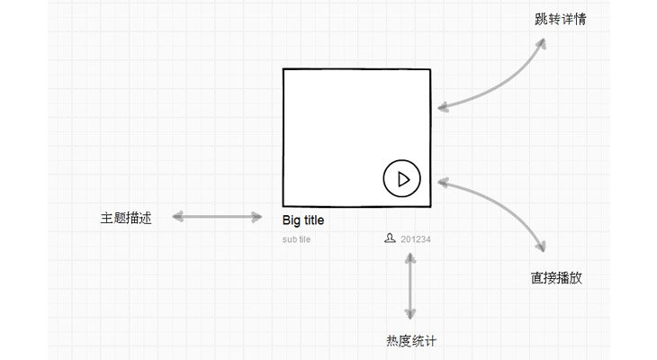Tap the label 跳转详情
pyautogui.click(x=560, y=19)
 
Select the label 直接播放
pyautogui.click(x=556, y=278)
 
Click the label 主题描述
pyautogui.click(x=126, y=218)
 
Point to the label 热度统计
pyautogui.click(x=411, y=341)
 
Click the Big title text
pyautogui.click(x=303, y=220)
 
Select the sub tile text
pyautogui.click(x=296, y=239)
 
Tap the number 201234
pyautogui.click(x=416, y=239)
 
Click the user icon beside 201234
pyautogui.click(x=390, y=238)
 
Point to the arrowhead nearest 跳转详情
pyautogui.click(x=542, y=43)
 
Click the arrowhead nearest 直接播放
pyautogui.click(x=542, y=247)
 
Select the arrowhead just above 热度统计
pyautogui.click(x=410, y=313)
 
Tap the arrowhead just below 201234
pyautogui.click(x=410, y=258)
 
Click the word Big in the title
pyautogui.click(x=292, y=220)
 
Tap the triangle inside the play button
pyautogui.click(x=403, y=179)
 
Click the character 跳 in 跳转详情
pyautogui.click(x=542, y=19)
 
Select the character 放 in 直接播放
pyautogui.click(x=576, y=278)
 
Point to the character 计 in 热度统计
pyautogui.click(x=430, y=341)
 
